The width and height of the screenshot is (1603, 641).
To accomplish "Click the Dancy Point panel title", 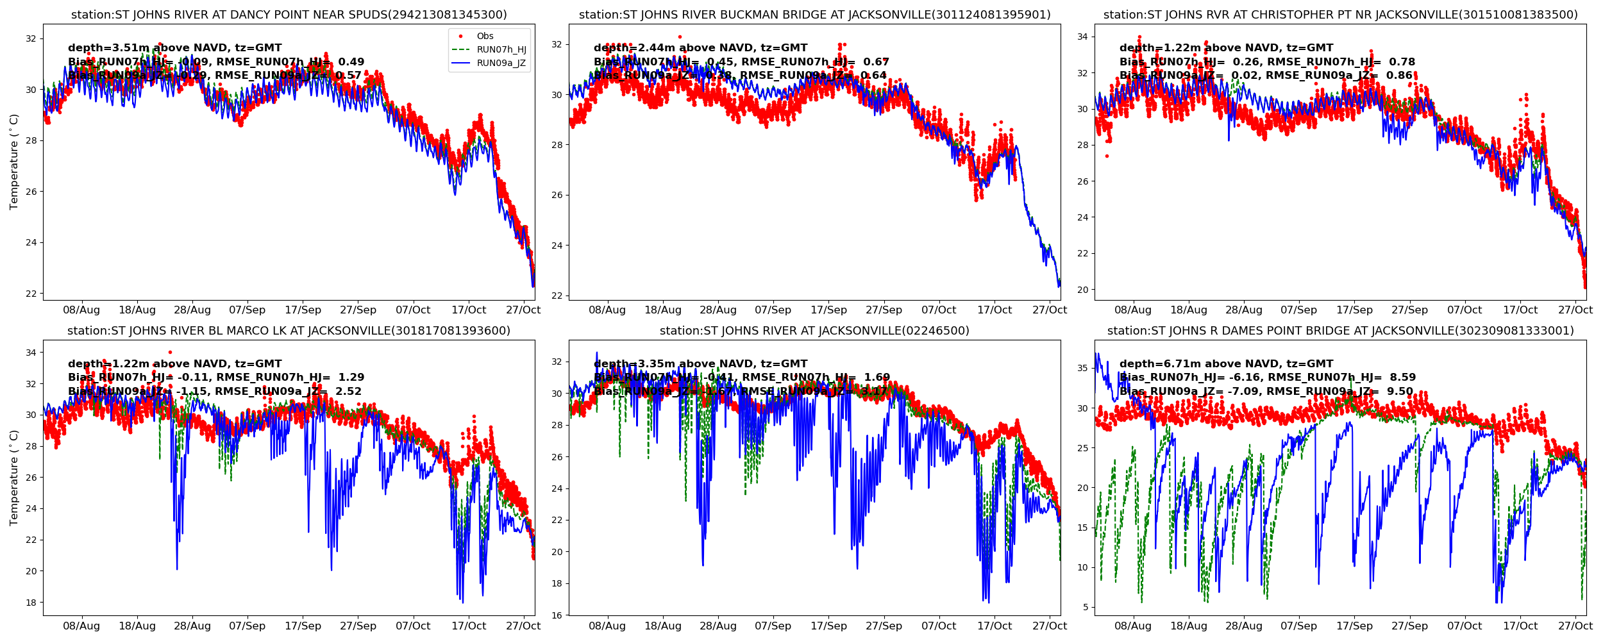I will click(x=289, y=15).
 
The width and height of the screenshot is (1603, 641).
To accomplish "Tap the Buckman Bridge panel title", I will click(x=814, y=15).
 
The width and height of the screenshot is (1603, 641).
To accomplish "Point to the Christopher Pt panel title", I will click(x=1340, y=15).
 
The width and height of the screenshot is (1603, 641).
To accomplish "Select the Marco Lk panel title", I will click(x=289, y=331).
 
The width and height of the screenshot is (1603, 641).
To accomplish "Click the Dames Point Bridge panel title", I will click(x=1340, y=331).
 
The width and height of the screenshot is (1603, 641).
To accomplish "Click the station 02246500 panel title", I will click(x=814, y=331).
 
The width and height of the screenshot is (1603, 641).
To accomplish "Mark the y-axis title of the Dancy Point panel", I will click(x=14, y=162).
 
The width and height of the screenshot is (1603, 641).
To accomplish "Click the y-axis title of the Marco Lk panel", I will click(x=14, y=478).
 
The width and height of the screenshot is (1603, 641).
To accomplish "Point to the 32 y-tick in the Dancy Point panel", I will click(x=31, y=39).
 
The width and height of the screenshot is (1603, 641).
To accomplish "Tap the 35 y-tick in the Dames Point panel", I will click(x=1082, y=369).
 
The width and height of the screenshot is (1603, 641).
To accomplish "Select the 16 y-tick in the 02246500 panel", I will click(x=557, y=615).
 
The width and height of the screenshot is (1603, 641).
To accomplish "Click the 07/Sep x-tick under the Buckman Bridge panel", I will click(x=773, y=310).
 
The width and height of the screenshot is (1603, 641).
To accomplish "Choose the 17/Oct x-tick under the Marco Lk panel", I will click(x=468, y=626).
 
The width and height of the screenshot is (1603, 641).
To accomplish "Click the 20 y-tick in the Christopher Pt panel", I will click(x=1082, y=290).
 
